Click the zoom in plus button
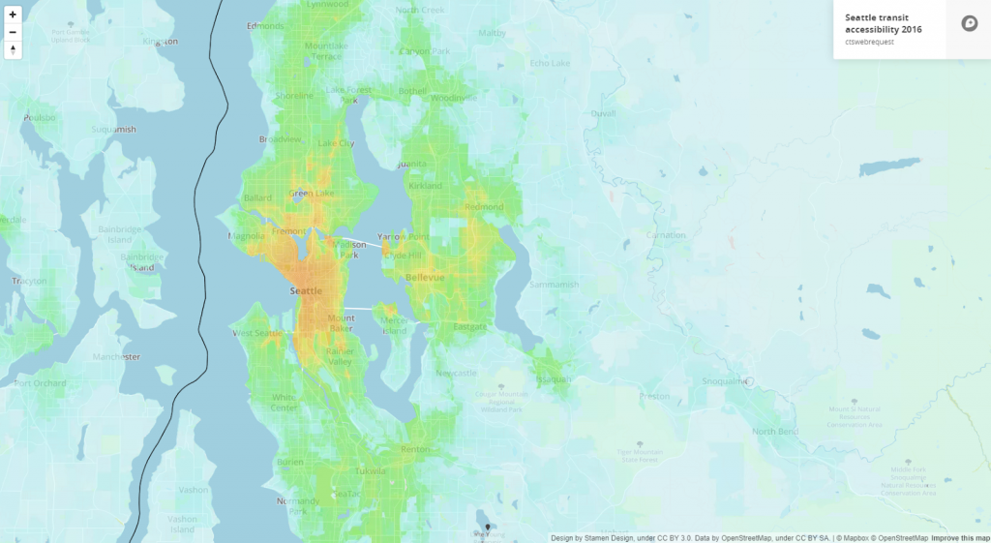click(x=13, y=15)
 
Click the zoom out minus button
click(x=13, y=32)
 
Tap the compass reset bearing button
click(x=13, y=49)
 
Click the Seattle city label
click(x=306, y=290)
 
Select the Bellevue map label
click(x=425, y=277)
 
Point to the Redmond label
click(x=484, y=206)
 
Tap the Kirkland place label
click(x=425, y=185)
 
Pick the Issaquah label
click(x=555, y=378)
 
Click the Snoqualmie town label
click(x=725, y=381)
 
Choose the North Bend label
click(x=774, y=431)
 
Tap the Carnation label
click(x=665, y=235)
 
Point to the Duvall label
click(x=602, y=113)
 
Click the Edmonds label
click(x=265, y=26)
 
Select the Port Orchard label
click(x=41, y=383)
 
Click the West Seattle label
click(x=258, y=334)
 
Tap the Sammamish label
click(x=555, y=285)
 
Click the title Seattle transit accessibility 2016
click(x=883, y=23)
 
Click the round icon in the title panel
click(x=969, y=24)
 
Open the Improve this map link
click(x=960, y=538)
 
